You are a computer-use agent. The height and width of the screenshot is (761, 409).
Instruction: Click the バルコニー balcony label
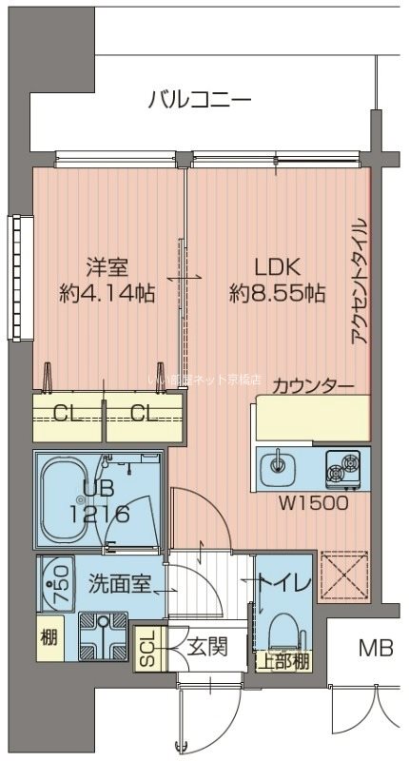(x=200, y=99)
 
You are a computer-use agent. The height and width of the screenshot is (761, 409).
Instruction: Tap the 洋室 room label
(x=107, y=267)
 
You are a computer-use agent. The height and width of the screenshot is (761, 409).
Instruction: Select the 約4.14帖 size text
(x=107, y=294)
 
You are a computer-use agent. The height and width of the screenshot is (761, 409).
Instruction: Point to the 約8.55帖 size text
(x=277, y=294)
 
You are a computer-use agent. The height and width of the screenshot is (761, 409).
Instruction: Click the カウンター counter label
(x=313, y=386)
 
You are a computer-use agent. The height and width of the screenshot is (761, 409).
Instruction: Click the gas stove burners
(x=343, y=466)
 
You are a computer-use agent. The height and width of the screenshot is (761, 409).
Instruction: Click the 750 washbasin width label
(x=58, y=577)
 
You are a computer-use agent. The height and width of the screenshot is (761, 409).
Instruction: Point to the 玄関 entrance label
(x=204, y=649)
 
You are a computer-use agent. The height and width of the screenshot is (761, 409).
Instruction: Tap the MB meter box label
(x=376, y=649)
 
